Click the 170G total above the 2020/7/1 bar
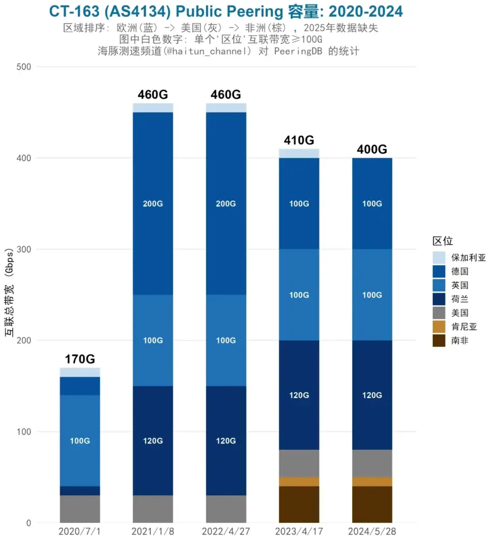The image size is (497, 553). (x=80, y=359)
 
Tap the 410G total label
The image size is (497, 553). (x=299, y=140)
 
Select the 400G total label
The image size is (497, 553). (x=372, y=150)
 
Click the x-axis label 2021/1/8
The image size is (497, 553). (x=153, y=531)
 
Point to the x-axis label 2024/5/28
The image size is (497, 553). (x=372, y=531)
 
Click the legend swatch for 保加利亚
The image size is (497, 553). (x=439, y=258)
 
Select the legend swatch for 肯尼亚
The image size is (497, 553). (x=439, y=327)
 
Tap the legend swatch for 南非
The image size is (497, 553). (x=439, y=341)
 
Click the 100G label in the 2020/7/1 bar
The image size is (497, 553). (x=80, y=441)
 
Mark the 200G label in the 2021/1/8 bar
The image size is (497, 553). (x=153, y=204)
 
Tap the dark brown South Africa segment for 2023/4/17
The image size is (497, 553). (x=299, y=504)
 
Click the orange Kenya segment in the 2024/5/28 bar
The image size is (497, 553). (x=372, y=481)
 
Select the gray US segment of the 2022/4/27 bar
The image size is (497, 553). (x=226, y=509)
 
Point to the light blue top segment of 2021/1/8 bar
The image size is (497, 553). (x=153, y=107)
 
